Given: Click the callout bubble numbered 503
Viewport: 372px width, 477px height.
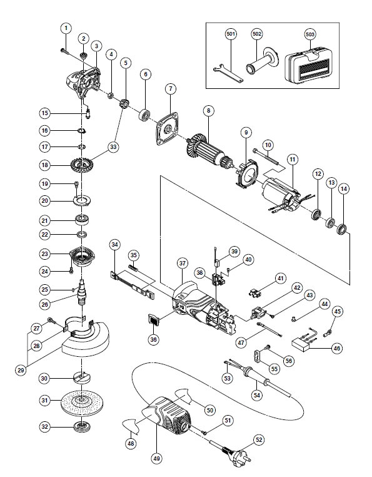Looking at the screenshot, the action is (x=309, y=34).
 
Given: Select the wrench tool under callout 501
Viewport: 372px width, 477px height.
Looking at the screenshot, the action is (x=228, y=73).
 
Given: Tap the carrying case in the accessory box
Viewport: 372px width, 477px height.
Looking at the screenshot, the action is (x=309, y=65).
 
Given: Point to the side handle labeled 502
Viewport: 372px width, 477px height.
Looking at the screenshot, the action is (x=263, y=62).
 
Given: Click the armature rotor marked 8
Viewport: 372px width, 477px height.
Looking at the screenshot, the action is (x=209, y=152).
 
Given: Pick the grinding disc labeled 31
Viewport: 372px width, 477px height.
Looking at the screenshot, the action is (x=82, y=401).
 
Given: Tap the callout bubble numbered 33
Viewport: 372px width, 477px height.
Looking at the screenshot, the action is (x=113, y=147).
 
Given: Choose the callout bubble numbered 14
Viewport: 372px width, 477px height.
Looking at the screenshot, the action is (x=344, y=189).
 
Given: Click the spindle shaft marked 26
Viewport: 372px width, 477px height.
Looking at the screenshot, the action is (x=83, y=292).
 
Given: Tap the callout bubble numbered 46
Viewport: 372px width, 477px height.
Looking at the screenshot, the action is (x=337, y=348).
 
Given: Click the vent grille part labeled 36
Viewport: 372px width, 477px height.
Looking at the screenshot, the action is (x=154, y=321).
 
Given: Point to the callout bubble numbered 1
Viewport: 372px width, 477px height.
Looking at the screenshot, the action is (x=66, y=29).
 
